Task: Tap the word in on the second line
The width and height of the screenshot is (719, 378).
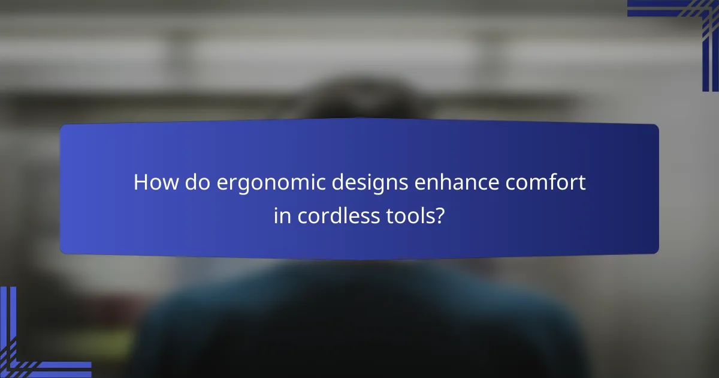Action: pyautogui.click(x=281, y=216)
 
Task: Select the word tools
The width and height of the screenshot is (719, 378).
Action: pyautogui.click(x=409, y=216)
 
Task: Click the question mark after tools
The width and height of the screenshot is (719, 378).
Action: pyautogui.click(x=440, y=216)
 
